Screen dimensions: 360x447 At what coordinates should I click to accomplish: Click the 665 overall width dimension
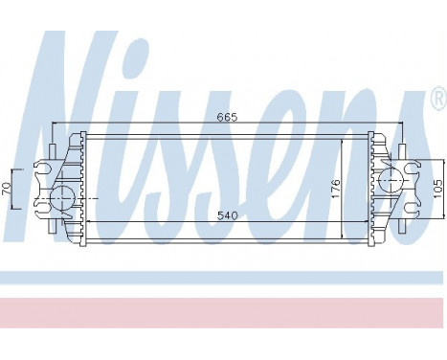[x=227, y=117]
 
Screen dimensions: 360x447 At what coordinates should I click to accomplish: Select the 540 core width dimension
[x=227, y=215]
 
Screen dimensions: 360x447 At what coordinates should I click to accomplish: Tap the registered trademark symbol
[x=438, y=98]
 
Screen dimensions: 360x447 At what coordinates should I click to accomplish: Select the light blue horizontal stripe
[x=223, y=278]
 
